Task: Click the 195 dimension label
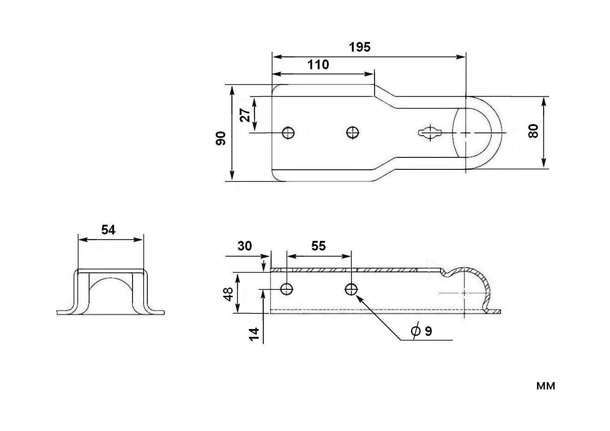[360, 47]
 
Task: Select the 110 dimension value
[319, 65]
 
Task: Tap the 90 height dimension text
[221, 138]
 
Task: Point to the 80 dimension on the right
[533, 132]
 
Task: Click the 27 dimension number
[247, 115]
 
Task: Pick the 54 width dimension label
[108, 230]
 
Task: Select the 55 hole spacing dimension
[318, 246]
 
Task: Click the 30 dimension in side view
[245, 246]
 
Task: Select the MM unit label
[545, 386]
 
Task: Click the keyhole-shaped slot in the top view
[431, 133]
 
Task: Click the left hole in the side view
[287, 289]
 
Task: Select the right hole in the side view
[351, 289]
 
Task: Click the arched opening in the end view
[110, 295]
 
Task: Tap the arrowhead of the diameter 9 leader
[357, 297]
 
